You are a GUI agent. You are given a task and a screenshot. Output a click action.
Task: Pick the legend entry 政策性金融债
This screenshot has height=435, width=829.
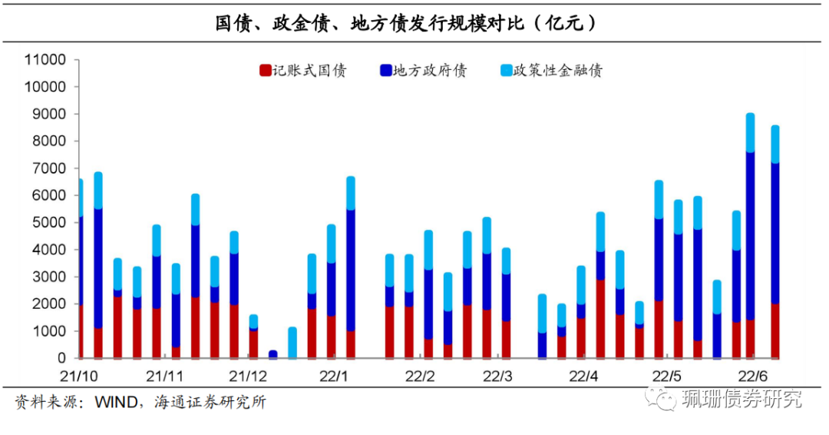pyautogui.click(x=558, y=71)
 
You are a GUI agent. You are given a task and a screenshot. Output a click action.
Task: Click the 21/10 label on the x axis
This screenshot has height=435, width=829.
pyautogui.click(x=79, y=377)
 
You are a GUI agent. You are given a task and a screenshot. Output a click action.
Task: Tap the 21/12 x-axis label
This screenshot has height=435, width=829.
pyautogui.click(x=248, y=377)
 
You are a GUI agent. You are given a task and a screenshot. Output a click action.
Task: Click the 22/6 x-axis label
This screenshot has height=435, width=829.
pyautogui.click(x=752, y=377)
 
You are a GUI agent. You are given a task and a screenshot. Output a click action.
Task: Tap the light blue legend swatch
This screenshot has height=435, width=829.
pyautogui.click(x=506, y=71)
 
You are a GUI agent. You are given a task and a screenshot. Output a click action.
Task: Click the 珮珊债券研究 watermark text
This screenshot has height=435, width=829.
pyautogui.click(x=741, y=400)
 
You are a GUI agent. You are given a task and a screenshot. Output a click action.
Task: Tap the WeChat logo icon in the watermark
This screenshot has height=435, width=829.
pyautogui.click(x=660, y=399)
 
